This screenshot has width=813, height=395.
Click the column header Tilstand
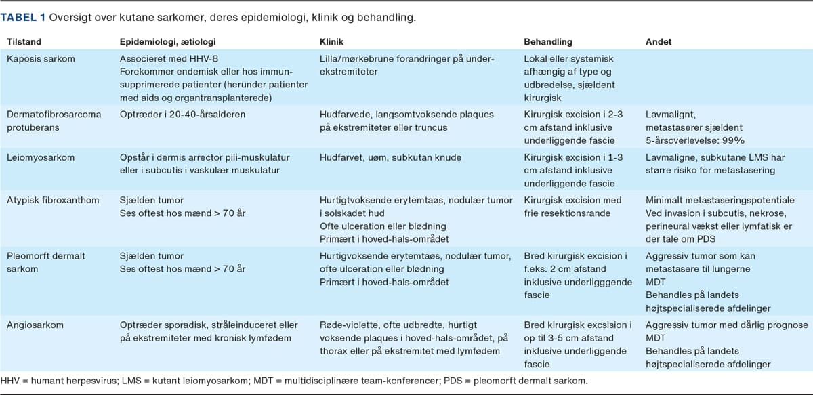[24, 42]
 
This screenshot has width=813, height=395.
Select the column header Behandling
[548, 42]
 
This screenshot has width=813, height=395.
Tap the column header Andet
[659, 42]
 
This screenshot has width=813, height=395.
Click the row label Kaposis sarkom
[41, 59]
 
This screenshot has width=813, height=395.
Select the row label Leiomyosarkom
[38, 158]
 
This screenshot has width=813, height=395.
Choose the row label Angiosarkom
[35, 325]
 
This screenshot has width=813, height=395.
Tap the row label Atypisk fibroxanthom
[52, 200]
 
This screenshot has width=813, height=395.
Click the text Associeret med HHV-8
[163, 59]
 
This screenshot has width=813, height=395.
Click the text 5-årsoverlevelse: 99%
[686, 140]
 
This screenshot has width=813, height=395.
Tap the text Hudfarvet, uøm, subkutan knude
[390, 158]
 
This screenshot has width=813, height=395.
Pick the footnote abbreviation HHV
[10, 381]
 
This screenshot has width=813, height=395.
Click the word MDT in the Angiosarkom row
[656, 338]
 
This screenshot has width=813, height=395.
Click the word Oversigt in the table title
[68, 16]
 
